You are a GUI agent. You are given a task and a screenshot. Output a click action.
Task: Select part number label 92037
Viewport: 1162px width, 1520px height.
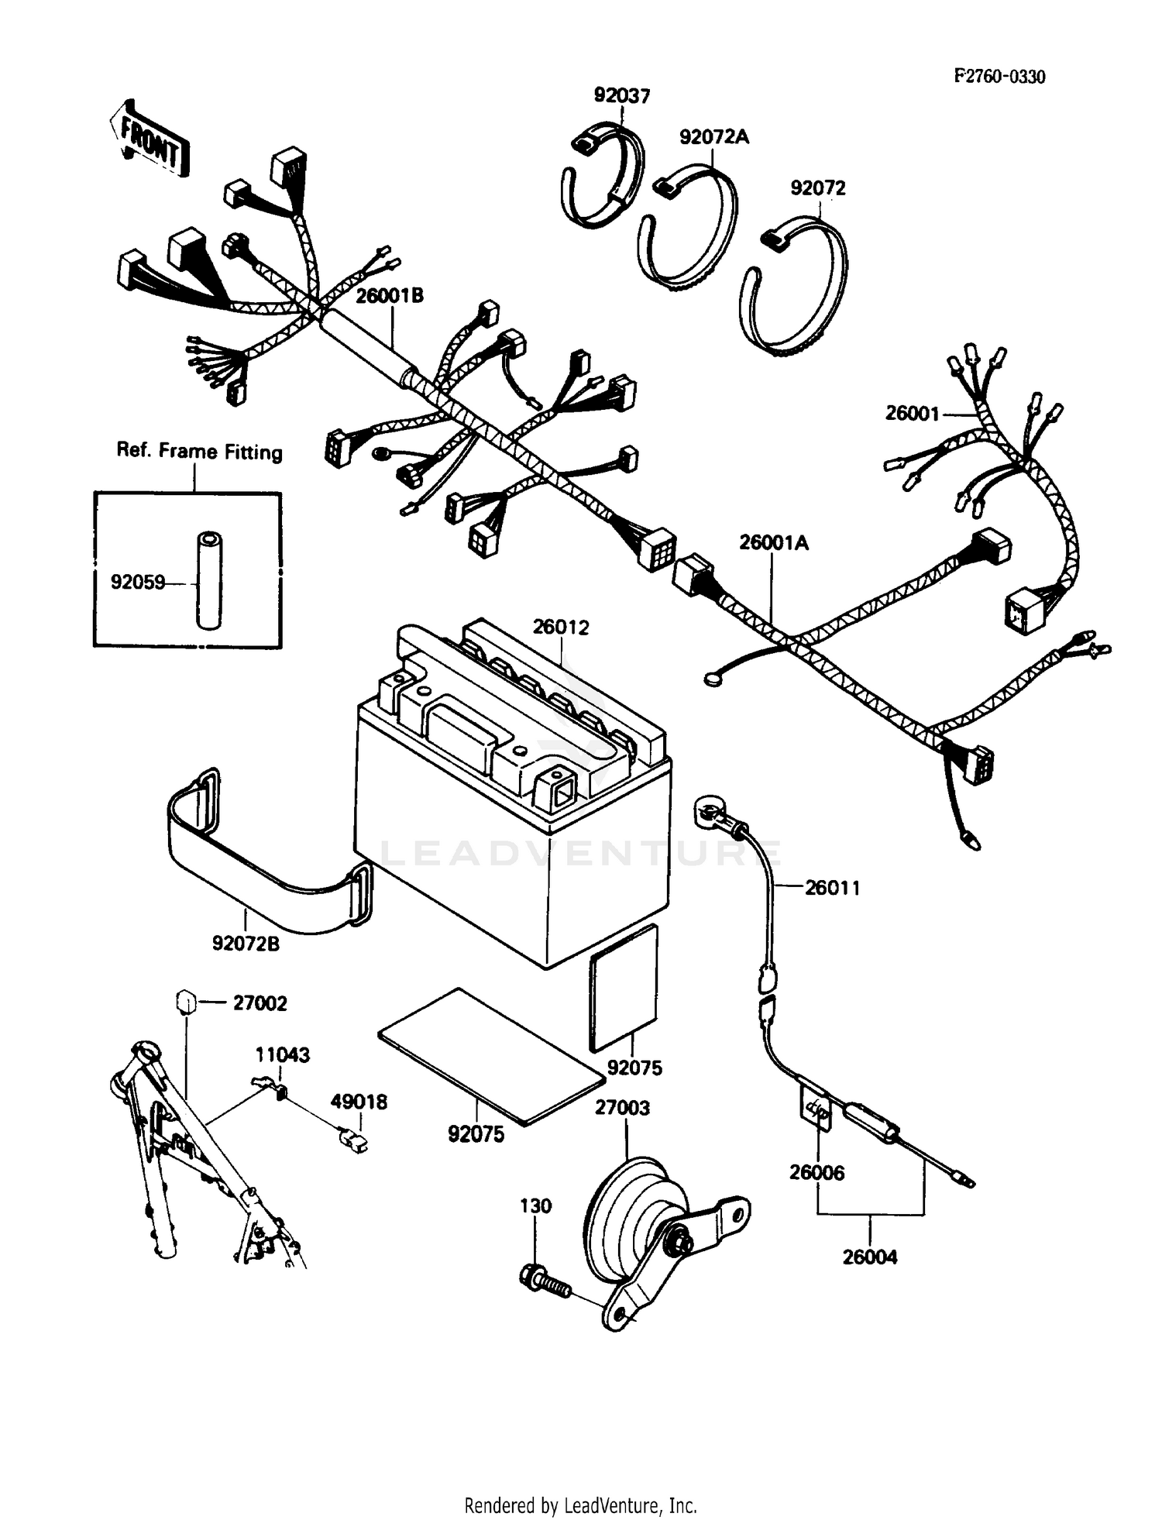(x=622, y=95)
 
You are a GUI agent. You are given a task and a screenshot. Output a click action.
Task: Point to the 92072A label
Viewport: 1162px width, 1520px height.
(x=714, y=137)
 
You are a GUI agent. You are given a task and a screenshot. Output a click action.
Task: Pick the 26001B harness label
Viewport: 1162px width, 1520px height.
(x=390, y=296)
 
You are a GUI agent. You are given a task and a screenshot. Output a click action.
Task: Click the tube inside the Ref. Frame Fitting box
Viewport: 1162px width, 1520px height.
(x=208, y=580)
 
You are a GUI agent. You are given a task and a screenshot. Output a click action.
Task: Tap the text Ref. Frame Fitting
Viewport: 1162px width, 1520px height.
(x=199, y=451)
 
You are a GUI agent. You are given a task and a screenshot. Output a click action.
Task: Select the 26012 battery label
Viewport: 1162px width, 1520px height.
(x=560, y=628)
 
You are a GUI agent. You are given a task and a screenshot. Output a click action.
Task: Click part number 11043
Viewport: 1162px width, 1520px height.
(x=283, y=1054)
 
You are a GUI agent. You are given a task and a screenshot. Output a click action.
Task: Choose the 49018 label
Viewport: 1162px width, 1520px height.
(x=359, y=1102)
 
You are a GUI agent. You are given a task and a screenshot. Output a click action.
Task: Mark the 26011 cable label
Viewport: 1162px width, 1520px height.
(x=832, y=888)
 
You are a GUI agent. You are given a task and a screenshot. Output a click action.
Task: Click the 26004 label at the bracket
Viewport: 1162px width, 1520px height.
(x=870, y=1257)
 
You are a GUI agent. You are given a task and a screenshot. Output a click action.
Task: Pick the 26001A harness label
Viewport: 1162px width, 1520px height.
(x=773, y=543)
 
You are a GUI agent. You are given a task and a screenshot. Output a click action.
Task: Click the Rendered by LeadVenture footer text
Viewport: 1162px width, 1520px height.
(x=580, y=1505)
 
